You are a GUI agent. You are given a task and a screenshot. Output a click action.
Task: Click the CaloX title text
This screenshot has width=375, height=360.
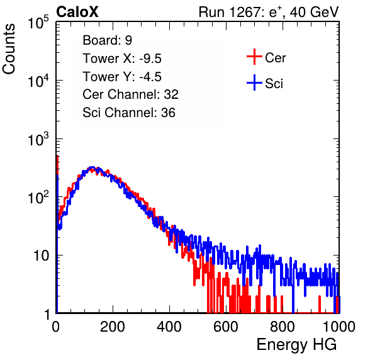click(77, 12)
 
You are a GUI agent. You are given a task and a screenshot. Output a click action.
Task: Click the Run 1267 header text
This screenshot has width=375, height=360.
click(269, 13)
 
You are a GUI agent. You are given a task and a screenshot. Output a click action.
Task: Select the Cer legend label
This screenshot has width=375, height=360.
click(275, 58)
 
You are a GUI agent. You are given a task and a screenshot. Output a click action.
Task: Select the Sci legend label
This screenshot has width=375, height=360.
click(274, 84)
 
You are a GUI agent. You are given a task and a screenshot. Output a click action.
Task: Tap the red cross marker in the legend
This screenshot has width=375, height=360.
click(254, 57)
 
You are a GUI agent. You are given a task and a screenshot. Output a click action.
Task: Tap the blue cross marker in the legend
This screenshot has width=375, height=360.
click(254, 82)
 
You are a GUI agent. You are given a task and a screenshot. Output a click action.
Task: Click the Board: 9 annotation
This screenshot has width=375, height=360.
click(107, 40)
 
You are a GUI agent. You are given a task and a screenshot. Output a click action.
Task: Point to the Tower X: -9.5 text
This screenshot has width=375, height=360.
click(122, 59)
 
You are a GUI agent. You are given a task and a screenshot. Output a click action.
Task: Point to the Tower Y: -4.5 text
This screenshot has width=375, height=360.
click(122, 77)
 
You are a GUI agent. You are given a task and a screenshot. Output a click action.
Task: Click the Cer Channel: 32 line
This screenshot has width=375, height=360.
click(130, 94)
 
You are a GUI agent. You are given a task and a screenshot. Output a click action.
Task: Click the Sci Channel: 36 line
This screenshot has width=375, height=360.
click(129, 113)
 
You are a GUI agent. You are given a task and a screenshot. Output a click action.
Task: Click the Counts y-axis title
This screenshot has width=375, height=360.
click(9, 48)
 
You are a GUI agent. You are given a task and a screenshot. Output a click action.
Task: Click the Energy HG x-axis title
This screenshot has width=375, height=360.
click(296, 345)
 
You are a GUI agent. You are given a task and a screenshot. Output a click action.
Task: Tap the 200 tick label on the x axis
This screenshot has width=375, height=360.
click(113, 327)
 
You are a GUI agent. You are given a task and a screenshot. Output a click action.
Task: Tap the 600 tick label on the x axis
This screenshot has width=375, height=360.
click(226, 327)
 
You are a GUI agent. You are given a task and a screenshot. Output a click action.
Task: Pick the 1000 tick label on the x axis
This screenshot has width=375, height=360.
click(339, 327)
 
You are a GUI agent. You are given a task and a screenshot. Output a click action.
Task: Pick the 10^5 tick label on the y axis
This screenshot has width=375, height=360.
click(38, 22)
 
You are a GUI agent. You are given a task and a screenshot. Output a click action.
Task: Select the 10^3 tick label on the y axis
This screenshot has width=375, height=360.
click(38, 138)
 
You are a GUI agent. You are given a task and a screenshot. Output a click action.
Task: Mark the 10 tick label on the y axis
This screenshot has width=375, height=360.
click(41, 256)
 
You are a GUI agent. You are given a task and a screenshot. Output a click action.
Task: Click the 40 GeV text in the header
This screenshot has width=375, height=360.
click(314, 13)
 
